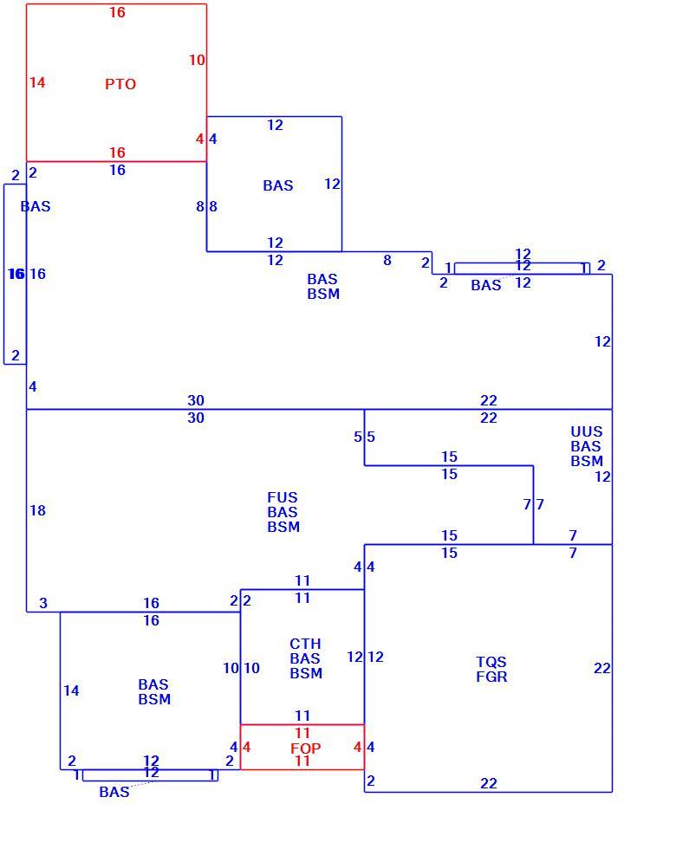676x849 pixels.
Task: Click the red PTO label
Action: click(120, 84)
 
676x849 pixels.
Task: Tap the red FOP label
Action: click(305, 749)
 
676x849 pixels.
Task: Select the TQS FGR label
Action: click(492, 669)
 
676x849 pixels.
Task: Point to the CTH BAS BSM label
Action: click(306, 658)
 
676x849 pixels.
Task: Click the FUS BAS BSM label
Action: click(283, 512)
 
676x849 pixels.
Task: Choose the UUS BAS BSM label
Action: click(587, 446)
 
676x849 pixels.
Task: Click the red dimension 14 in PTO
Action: click(37, 82)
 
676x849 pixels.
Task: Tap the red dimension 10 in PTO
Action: click(198, 60)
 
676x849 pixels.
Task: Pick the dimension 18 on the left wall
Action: click(38, 510)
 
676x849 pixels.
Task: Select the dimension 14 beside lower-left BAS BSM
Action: click(71, 690)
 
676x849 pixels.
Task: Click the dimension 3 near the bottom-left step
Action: click(43, 603)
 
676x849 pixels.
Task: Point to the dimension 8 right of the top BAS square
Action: click(387, 260)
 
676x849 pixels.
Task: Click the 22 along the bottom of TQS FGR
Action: click(489, 783)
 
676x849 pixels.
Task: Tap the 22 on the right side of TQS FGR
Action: click(602, 668)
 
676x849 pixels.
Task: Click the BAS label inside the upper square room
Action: click(278, 185)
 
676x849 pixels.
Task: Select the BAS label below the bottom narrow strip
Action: click(114, 792)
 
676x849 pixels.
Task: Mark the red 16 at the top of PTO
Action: click(118, 12)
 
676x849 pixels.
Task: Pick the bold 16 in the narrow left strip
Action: click(16, 274)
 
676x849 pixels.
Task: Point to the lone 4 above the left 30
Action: click(33, 386)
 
